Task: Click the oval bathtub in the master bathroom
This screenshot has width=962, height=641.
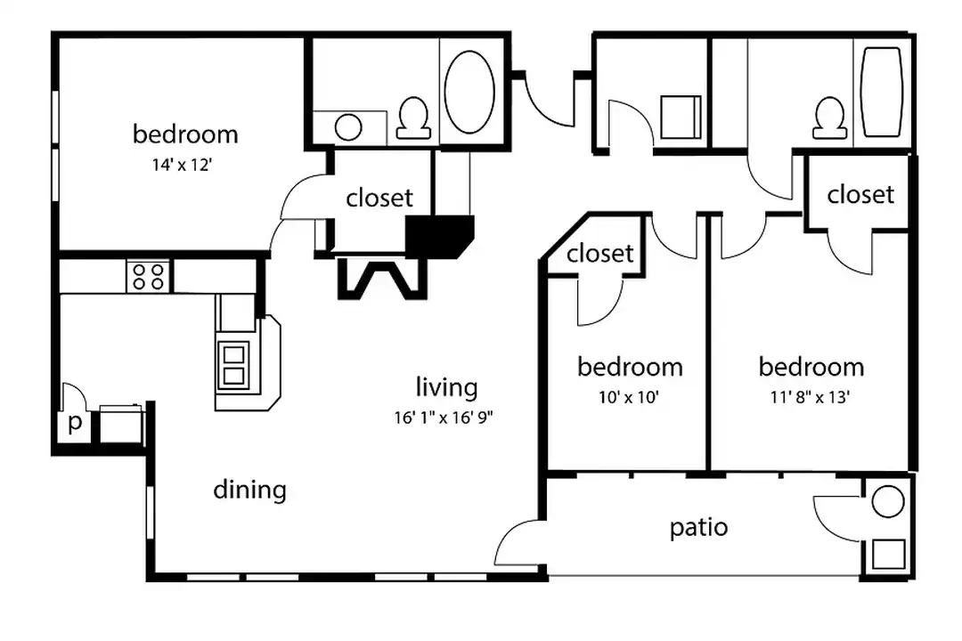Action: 469,92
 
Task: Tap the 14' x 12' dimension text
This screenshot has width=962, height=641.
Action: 183,165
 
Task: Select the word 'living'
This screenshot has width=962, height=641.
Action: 446,387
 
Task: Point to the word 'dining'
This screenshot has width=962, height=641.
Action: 249,490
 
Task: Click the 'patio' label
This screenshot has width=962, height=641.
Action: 698,527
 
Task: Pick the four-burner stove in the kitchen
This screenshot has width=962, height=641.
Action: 148,276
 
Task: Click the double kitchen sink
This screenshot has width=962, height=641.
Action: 233,366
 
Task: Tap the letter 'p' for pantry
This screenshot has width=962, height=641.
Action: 76,423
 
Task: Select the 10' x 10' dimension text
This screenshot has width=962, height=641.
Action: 629,397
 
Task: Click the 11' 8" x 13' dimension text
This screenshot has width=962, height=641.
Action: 810,397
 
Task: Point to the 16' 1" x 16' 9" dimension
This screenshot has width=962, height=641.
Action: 444,418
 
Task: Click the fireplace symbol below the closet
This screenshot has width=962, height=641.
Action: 382,279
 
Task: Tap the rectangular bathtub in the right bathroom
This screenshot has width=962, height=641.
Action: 882,92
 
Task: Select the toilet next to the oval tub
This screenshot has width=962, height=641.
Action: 413,118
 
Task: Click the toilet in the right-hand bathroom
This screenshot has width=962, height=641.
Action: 829,118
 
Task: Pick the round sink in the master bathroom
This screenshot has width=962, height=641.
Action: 348,127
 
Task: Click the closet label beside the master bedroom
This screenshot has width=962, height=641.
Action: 379,199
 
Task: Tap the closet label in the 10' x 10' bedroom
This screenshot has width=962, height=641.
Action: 599,254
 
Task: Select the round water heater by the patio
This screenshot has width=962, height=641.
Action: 888,500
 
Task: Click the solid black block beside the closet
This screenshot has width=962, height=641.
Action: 439,236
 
